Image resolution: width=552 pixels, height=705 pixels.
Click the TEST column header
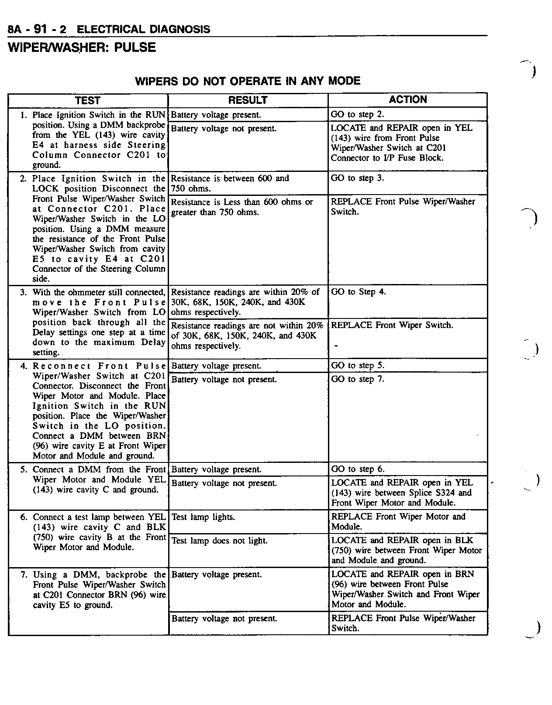click(88, 101)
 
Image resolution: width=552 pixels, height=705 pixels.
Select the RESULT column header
click(248, 100)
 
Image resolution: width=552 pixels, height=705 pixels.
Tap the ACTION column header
click(408, 100)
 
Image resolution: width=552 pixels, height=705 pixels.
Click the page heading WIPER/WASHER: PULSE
click(82, 47)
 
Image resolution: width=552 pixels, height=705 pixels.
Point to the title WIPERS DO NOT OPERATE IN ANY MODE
click(248, 81)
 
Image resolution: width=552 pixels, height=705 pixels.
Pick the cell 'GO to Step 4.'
click(359, 292)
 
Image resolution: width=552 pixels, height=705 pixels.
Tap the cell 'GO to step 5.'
click(358, 366)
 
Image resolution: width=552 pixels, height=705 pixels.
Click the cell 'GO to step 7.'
click(358, 379)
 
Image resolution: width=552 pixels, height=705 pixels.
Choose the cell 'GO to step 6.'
click(358, 469)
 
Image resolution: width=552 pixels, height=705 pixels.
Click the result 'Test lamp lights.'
click(203, 517)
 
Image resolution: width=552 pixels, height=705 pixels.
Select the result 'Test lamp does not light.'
click(219, 541)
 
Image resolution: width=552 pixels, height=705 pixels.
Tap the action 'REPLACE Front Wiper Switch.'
click(392, 325)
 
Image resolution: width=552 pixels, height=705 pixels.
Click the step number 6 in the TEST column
click(24, 517)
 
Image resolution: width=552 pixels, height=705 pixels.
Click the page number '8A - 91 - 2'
click(37, 30)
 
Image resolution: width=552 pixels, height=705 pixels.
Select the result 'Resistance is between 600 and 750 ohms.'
click(230, 183)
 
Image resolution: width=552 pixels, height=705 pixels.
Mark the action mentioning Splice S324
click(402, 493)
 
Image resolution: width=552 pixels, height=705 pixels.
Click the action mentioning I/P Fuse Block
click(401, 143)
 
